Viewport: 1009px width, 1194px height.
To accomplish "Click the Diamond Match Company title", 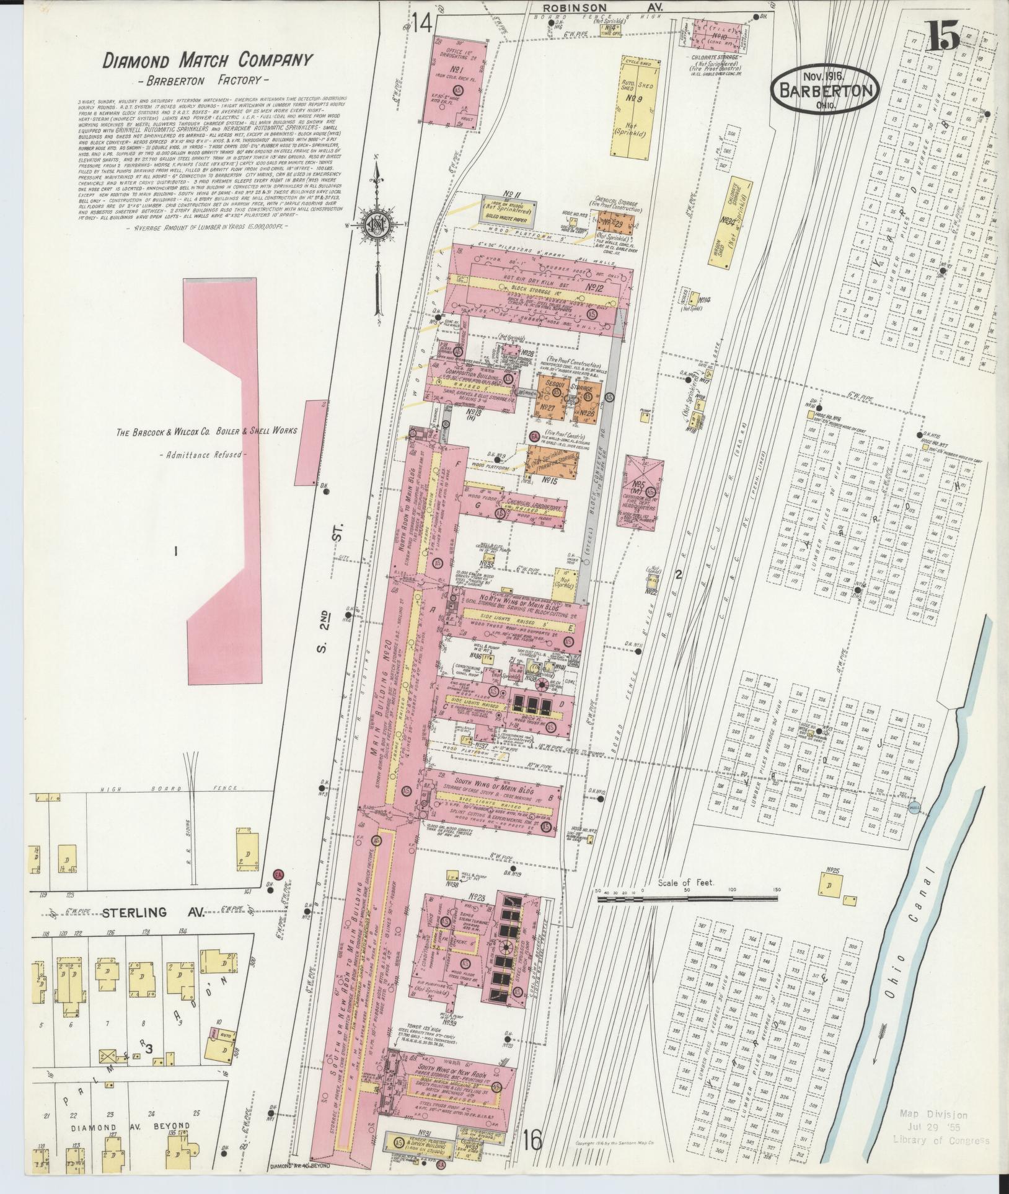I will point(206,61).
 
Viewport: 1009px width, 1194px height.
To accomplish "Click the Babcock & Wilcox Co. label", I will point(206,431).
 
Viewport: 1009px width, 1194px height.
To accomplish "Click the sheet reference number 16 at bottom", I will point(532,1138).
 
